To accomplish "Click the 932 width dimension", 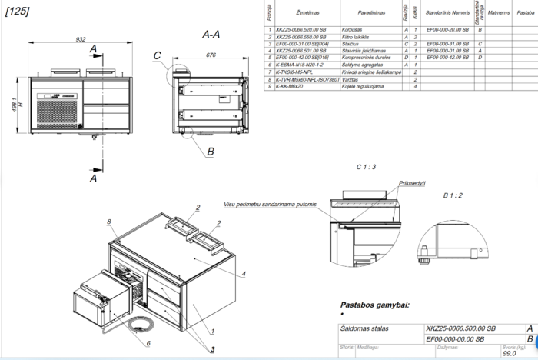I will pos(81,39).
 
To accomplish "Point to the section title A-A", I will pos(212,35).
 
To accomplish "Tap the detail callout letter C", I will pos(158,55).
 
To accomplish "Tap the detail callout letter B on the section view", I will pos(210,152).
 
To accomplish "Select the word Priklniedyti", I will pos(412,183).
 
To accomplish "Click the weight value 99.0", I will pos(509,355).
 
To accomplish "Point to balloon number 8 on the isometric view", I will pos(110,222).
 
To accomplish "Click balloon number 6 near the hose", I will pos(148,343).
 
